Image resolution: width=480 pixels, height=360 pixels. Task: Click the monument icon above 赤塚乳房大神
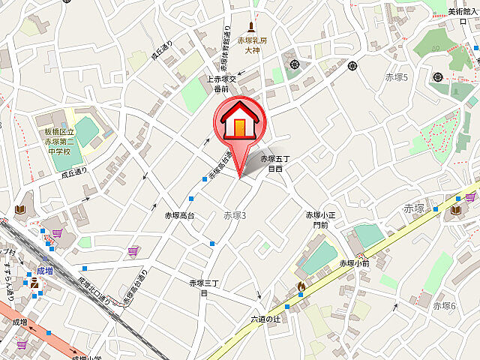251,27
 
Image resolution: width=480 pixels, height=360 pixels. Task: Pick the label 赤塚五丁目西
274,164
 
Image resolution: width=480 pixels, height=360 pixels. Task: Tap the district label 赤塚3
234,216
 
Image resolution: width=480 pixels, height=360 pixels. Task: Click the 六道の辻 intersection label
265,319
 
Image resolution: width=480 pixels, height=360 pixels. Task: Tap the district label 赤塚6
445,305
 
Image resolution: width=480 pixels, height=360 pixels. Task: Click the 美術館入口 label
463,11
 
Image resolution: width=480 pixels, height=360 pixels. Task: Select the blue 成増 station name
46,271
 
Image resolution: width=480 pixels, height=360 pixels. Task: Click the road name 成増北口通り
94,292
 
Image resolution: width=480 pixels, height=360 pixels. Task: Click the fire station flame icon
301,286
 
